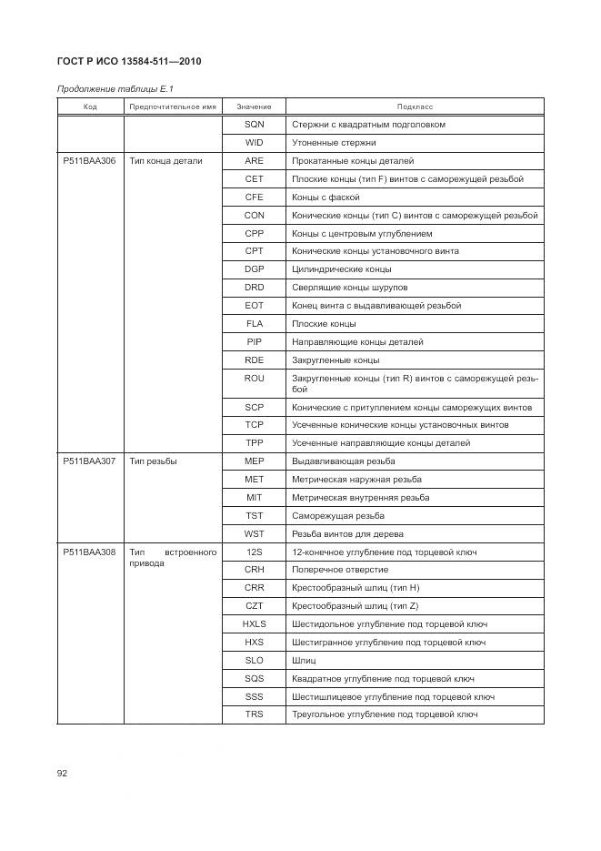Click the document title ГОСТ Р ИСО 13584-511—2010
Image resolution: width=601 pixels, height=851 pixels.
pos(128,61)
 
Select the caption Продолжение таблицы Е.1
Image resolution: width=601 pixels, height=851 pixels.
pos(115,88)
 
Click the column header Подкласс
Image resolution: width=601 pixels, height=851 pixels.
pos(415,106)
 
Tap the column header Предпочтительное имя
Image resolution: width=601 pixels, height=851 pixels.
pos(173,106)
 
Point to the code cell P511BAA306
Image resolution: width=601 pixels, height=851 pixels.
pos(89,161)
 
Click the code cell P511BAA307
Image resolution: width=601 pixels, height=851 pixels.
pos(89,461)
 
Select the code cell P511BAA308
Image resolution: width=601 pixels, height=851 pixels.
pos(89,552)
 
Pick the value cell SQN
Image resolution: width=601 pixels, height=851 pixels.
pos(255,125)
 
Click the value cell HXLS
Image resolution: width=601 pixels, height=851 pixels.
pos(255,624)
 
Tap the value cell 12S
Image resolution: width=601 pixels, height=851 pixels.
pos(255,552)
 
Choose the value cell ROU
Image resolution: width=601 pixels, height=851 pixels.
pos(255,379)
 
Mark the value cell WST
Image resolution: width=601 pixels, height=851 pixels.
pos(255,534)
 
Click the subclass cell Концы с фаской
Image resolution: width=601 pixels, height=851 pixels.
pos(326,198)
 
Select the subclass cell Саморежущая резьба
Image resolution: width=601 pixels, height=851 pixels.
pos(338,516)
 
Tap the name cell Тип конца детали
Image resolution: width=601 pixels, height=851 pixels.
pos(166,161)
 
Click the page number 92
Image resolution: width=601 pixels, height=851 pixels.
pos(63,774)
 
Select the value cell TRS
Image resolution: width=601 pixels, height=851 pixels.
pos(255,714)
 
